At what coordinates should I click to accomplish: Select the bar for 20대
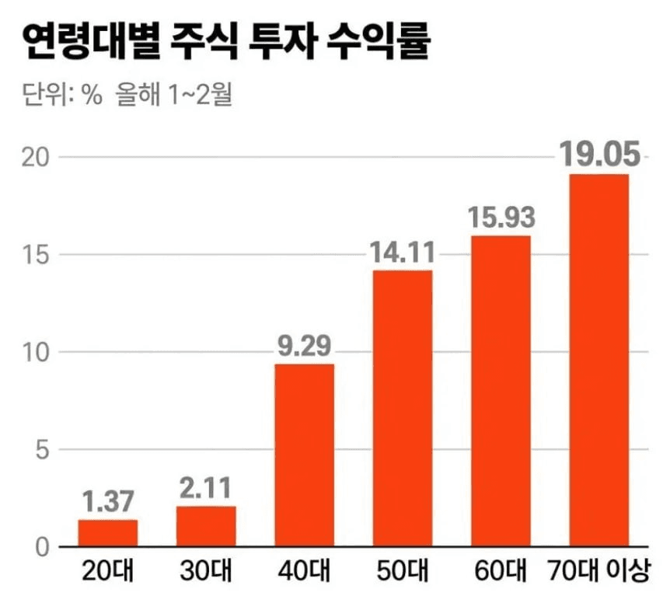107,532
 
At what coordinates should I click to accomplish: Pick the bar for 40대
305,455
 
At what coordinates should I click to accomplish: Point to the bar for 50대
403,408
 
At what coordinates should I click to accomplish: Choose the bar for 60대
501,390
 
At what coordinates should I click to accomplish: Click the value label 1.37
107,501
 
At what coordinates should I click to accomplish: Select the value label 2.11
206,489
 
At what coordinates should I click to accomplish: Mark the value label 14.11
403,253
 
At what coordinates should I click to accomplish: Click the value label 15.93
501,218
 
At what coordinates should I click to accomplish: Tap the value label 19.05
599,155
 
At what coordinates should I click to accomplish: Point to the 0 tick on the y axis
40,547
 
